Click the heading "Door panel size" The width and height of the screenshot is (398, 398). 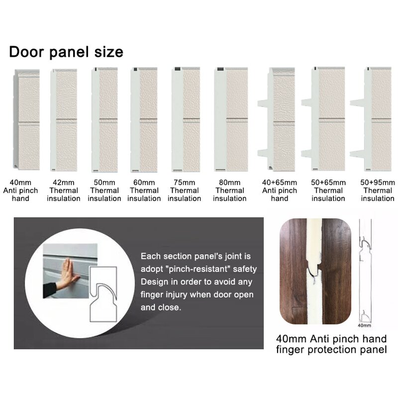[66, 52]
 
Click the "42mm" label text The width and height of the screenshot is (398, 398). [64, 183]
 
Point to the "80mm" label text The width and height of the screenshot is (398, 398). [230, 183]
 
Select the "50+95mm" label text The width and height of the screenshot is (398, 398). [378, 183]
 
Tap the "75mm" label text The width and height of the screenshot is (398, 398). [185, 183]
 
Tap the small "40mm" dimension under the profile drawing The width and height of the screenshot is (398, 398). [365, 326]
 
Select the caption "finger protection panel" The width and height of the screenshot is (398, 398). [331, 350]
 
